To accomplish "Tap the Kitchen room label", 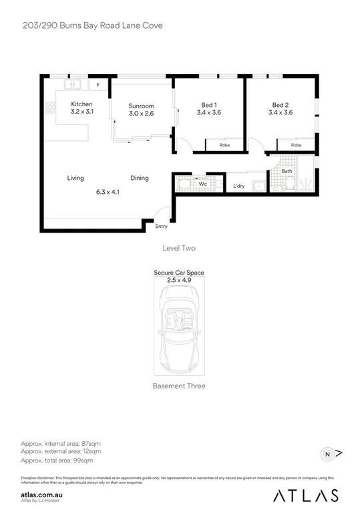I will point(81,104).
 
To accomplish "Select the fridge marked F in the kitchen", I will point(98,86).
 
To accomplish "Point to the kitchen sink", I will point(74,85).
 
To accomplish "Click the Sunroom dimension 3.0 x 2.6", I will point(142,114).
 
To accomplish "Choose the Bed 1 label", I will point(209,105).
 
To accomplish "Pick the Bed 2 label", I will point(280,105).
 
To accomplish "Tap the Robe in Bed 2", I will point(296,145).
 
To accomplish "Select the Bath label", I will point(287,171).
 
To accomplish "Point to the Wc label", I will point(202,182).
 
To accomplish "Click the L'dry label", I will point(238,186).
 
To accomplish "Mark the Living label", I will point(75,178).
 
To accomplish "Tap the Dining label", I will point(140,178).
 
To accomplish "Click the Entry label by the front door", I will point(161,227).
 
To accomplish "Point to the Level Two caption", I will point(179,248).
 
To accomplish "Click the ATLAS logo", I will point(307,495).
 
